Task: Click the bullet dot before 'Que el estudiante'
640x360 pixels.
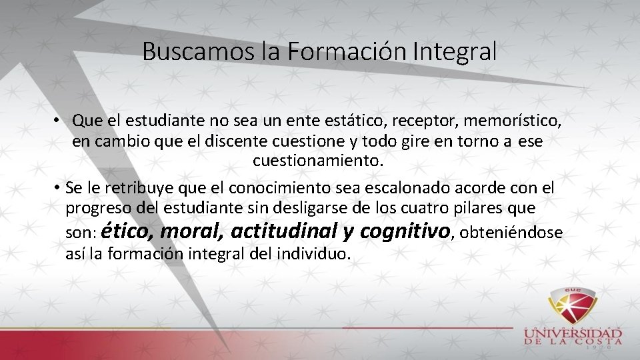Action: click(59, 121)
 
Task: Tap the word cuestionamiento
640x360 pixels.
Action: click(318, 161)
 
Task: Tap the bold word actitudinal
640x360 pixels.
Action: click(283, 231)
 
